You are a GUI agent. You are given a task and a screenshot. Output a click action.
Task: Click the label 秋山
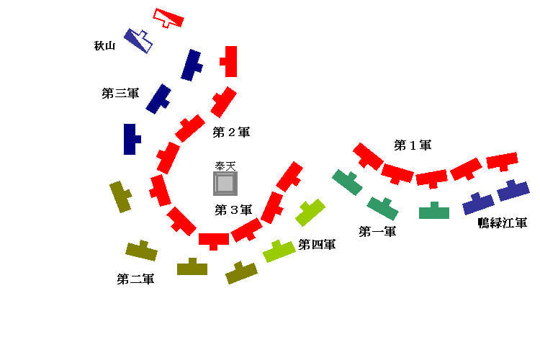coord(105,46)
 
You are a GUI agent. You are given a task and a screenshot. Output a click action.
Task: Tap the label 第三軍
coord(120,93)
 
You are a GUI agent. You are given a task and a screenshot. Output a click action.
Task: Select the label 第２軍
coord(231,132)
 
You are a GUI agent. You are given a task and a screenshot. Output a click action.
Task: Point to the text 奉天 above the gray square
coord(225,166)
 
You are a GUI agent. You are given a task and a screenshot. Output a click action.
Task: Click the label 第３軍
coord(233,210)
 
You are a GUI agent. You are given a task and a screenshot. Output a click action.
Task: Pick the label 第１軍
coord(413,145)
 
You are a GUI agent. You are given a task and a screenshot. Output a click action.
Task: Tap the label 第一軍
coord(377,231)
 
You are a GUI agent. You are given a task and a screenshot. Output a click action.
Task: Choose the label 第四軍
coord(317,245)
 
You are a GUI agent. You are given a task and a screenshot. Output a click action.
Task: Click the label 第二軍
coord(135,279)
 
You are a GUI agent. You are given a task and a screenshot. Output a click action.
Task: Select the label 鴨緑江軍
coord(503,223)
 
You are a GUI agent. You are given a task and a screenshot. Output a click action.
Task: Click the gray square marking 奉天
coord(225,183)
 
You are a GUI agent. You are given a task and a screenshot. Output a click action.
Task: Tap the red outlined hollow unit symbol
coord(168,18)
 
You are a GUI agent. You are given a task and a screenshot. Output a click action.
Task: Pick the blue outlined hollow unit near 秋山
coord(138,40)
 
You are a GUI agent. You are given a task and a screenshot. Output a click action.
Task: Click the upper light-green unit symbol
coord(310,212)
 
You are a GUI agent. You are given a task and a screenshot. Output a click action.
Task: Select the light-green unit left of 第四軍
coord(279,251)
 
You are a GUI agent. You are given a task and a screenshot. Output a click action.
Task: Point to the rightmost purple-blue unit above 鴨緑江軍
coord(513,190)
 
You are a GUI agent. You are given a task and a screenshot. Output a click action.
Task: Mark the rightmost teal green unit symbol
coord(434,211)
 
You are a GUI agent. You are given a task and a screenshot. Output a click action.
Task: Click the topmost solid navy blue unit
coord(191,65)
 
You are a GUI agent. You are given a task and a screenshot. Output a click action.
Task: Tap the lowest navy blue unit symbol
coord(130,139)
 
